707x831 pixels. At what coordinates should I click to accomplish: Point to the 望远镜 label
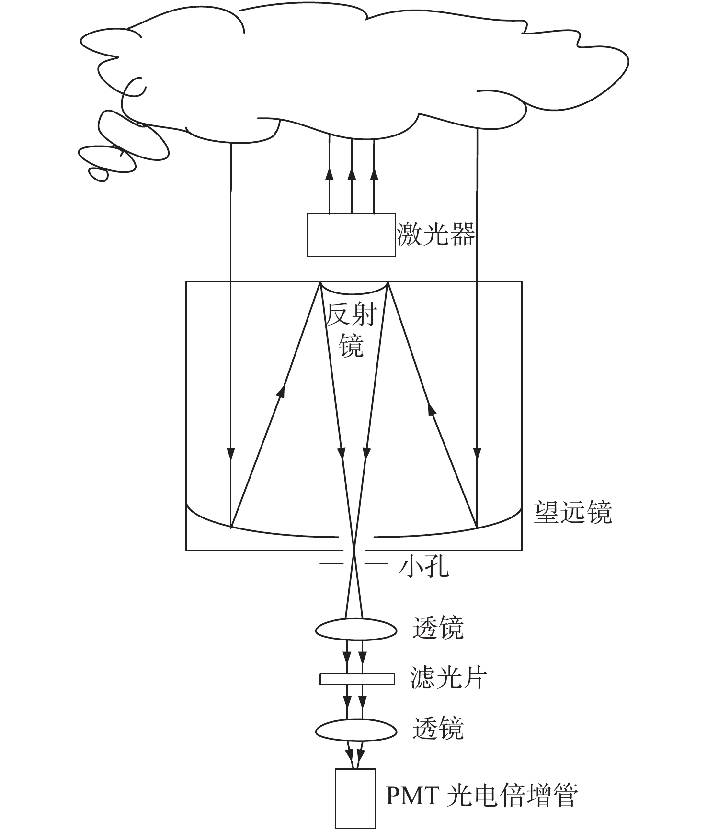click(x=573, y=513)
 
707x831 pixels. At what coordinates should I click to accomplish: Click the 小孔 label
click(x=424, y=568)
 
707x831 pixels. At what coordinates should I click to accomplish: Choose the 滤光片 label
click(x=449, y=678)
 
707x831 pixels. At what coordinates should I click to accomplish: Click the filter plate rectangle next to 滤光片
click(x=357, y=679)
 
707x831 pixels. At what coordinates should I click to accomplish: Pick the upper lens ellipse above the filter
click(x=356, y=629)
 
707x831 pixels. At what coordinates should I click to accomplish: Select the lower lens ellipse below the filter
click(x=356, y=730)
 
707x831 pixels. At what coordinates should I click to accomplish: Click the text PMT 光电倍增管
click(x=482, y=795)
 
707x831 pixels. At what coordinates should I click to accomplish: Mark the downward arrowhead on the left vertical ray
click(x=231, y=453)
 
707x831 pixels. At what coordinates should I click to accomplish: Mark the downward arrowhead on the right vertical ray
click(x=477, y=453)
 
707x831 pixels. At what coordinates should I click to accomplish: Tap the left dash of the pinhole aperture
click(x=331, y=564)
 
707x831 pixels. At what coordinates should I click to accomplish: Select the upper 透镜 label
click(x=438, y=628)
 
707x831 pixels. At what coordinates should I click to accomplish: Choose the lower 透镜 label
click(x=438, y=729)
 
